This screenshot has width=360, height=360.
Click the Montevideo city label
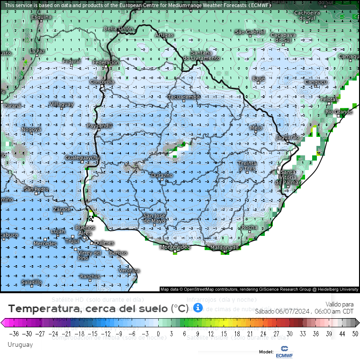(175, 247)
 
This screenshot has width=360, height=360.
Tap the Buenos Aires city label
(85, 231)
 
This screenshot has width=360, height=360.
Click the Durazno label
(162, 175)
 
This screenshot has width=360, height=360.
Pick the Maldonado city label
(225, 248)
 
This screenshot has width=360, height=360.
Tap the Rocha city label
(250, 228)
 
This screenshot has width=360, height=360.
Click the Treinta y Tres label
(247, 166)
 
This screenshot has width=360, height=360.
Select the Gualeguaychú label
(82, 157)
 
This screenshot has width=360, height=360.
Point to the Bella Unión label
(118, 29)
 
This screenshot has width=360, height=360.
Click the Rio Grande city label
(339, 112)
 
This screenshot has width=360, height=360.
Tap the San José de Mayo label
(154, 218)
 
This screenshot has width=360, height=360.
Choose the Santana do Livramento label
(201, 55)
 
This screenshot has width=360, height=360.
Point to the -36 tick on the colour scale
(14, 333)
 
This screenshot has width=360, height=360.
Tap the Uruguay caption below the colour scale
(20, 344)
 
